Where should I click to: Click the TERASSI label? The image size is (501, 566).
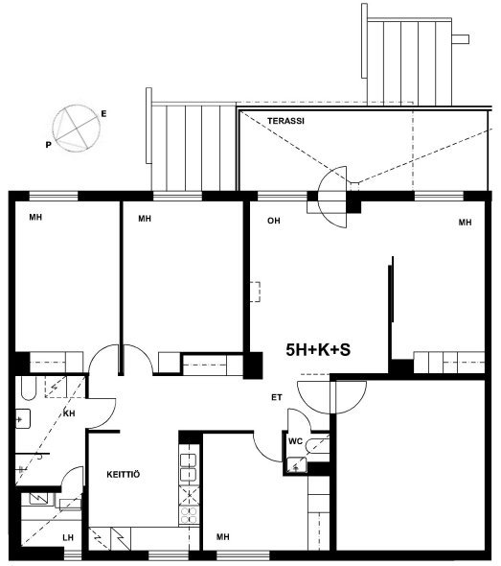coord(285,121)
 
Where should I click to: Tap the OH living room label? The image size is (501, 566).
coord(274,221)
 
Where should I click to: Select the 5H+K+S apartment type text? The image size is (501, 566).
coord(318,350)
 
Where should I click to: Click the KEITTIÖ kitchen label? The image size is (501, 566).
coord(124,474)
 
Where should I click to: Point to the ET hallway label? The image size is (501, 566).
coord(277,397)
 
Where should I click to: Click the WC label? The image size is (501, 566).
coord(295,441)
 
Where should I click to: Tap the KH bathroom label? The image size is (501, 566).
coord(69,413)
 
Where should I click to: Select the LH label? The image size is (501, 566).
coord(68,537)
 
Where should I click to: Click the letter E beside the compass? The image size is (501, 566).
coord(103,114)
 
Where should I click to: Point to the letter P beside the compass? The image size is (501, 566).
coord(48,145)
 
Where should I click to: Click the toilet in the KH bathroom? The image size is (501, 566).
coord(29,388)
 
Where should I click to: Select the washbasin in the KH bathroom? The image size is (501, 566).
coord(23,418)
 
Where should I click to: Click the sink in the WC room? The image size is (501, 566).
coord(297,465)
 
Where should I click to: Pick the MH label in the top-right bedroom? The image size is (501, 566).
coord(465,223)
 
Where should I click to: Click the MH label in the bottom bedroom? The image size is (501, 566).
coord(223,537)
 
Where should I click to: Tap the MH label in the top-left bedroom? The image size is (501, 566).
coord(35,218)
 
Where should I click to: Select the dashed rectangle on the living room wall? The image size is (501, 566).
coord(256,292)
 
